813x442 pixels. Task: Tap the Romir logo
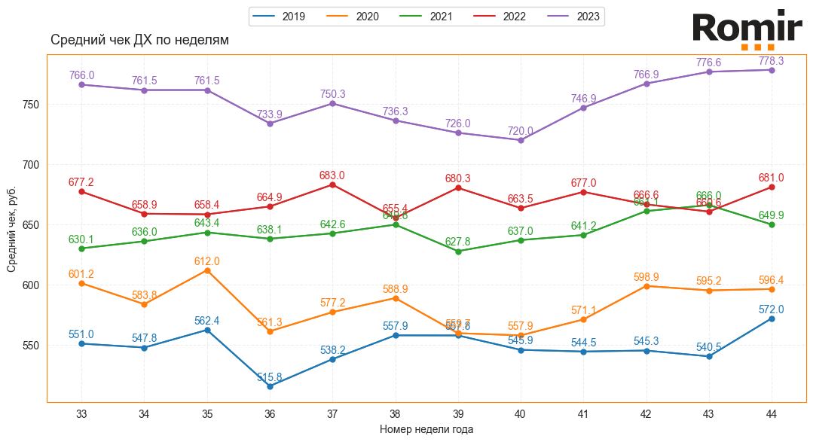(747, 29)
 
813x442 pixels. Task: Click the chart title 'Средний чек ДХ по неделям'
(139, 40)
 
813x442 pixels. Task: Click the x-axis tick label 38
(395, 413)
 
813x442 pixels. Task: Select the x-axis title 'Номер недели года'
(426, 429)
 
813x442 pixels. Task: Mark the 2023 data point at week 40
(521, 140)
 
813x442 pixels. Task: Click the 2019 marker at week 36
(270, 386)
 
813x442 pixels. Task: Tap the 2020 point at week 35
(207, 270)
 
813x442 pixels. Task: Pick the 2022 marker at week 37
(332, 184)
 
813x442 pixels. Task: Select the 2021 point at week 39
(458, 251)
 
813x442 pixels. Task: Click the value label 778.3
(771, 61)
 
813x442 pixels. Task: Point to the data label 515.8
(270, 377)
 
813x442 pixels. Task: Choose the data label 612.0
(207, 261)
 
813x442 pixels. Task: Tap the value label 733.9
(270, 114)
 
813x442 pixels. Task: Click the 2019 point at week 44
(772, 319)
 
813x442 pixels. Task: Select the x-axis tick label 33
(81, 413)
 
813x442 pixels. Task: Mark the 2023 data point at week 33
(81, 84)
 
